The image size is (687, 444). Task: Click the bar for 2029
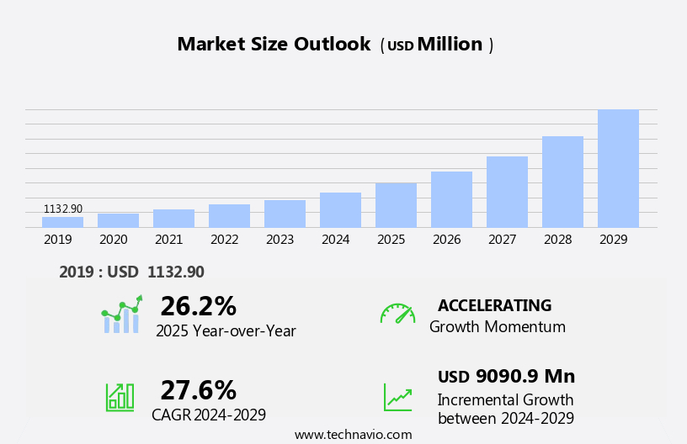[x=618, y=168]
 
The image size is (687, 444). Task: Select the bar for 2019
[x=62, y=222]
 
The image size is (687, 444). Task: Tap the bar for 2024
[x=340, y=210]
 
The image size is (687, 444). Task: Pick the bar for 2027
[x=507, y=192]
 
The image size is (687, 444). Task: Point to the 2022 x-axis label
[x=224, y=240]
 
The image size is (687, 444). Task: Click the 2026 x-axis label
[x=446, y=240]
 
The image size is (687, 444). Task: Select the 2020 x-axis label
[x=113, y=240]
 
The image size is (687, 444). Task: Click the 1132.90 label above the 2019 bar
[x=63, y=209]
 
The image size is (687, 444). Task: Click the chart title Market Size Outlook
[x=274, y=45]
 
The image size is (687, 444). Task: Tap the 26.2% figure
[x=198, y=306]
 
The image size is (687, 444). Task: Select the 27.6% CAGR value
[x=198, y=390]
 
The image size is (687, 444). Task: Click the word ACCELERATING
[x=494, y=305]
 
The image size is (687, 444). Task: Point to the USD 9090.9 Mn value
[x=506, y=376]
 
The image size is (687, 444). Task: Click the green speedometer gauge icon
[x=397, y=314]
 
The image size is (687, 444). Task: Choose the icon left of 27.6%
[x=120, y=396]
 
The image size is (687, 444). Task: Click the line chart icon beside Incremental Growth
[x=397, y=397]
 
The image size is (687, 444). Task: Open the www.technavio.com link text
[x=353, y=435]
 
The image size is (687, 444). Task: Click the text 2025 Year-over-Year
[x=226, y=331]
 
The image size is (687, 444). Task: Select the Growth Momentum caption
[x=497, y=327]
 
